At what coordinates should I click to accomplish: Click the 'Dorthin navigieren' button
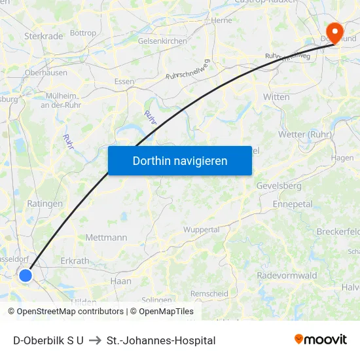[x=179, y=160]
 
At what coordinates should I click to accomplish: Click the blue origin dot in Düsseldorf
[x=26, y=276]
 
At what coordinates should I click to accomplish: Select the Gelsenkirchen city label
[x=162, y=41]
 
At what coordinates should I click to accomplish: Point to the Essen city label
[x=124, y=82]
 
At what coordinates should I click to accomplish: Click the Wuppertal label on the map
[x=201, y=230]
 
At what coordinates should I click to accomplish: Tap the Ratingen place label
[x=45, y=204]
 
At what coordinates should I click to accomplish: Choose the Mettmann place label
[x=106, y=238]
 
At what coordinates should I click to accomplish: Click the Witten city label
[x=276, y=97]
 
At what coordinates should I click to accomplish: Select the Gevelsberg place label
[x=279, y=186]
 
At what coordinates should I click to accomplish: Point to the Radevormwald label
[x=287, y=275]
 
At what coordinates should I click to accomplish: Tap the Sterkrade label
[x=43, y=36]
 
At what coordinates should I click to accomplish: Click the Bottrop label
[x=82, y=33]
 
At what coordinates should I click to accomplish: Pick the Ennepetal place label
[x=293, y=204]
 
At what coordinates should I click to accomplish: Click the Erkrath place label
[x=74, y=261]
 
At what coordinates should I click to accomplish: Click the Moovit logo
[x=321, y=339]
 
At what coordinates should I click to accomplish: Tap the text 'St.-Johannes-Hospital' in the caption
[x=161, y=340]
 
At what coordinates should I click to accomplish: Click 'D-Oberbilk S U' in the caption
[x=48, y=340]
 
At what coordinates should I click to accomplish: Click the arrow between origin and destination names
[x=95, y=340]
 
